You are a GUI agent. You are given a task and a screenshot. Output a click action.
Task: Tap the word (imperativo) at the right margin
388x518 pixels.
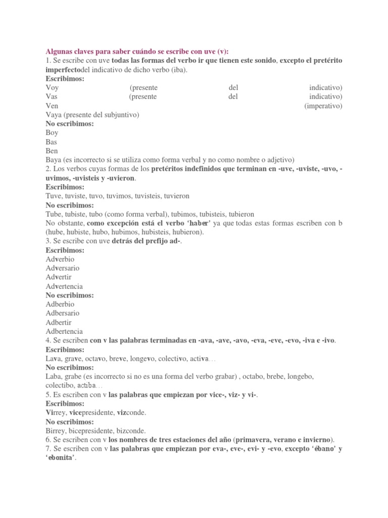pos(323,106)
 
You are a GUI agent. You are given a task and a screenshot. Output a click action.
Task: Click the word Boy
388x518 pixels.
pos(52,133)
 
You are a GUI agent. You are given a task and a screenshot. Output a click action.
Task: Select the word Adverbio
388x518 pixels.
pos(60,259)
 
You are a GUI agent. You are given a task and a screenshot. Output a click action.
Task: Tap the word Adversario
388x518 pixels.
pos(63,268)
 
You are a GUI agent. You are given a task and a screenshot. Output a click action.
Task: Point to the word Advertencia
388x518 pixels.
pos(64,286)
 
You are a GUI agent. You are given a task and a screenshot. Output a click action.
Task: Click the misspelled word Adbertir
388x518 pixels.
pos(59,322)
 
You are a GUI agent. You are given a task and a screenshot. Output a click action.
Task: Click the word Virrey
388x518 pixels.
pos(56,413)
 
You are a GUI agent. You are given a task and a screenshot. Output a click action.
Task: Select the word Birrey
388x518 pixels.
pos(56,431)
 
